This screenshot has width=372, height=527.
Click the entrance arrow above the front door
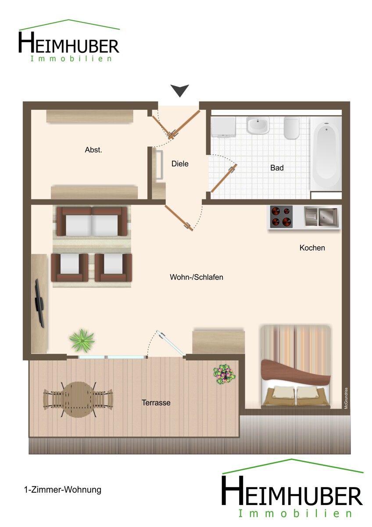(180, 90)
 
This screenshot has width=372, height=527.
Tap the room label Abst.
(93, 150)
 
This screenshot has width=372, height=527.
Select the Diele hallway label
(180, 164)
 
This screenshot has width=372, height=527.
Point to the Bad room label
(277, 168)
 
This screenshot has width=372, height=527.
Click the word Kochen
(312, 248)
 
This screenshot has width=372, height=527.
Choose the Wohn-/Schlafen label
(197, 277)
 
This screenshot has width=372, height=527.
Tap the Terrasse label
(156, 403)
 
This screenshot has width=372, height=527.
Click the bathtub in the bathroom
(326, 154)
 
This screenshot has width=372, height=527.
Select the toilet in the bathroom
(291, 128)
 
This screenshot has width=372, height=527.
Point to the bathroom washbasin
(258, 126)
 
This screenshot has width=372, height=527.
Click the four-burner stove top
(281, 217)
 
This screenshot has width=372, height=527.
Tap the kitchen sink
(321, 217)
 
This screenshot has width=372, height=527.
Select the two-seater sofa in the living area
(92, 221)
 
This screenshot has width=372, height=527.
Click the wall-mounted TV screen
(39, 303)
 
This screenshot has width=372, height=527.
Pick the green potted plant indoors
(82, 341)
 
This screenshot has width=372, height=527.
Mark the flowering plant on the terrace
(224, 374)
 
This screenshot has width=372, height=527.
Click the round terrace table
(78, 400)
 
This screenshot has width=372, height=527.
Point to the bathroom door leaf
(224, 178)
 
